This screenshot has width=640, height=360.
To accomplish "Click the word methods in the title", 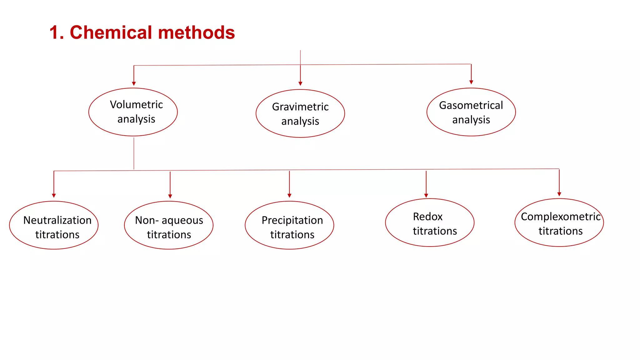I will [197, 32].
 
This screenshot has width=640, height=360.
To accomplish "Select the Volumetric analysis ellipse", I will [133, 112].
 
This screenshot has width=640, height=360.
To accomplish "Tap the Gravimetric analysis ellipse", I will [300, 113].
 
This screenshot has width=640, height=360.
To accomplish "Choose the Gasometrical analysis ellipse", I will [471, 112].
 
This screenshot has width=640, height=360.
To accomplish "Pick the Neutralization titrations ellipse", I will [54, 225].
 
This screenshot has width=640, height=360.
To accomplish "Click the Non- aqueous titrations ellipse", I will [169, 225].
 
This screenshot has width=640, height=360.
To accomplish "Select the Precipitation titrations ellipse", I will [289, 225].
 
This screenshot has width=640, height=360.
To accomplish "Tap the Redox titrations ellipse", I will [430, 222].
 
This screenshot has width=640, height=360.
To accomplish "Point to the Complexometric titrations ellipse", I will [559, 222].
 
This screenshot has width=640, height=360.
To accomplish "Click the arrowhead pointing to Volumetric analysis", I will [134, 83].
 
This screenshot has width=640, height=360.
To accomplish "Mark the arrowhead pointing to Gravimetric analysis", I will [300, 83].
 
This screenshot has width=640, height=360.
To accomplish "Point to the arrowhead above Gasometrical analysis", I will [471, 82].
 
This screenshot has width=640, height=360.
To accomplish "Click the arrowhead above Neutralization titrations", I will [54, 195].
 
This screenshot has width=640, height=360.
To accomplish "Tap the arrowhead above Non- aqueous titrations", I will [170, 196].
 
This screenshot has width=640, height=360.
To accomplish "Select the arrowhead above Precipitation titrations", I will [289, 195].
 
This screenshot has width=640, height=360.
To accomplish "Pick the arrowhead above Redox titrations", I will [426, 195].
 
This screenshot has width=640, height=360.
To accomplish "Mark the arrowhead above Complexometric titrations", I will [559, 194].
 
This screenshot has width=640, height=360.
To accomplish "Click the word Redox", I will [427, 217].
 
